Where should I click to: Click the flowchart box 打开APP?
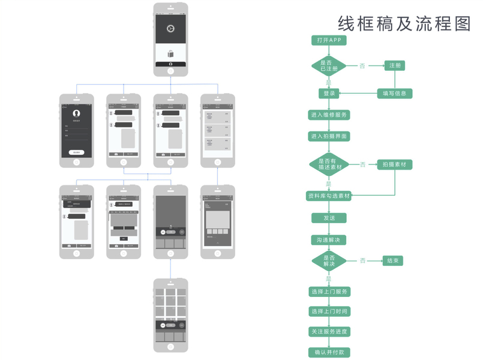[329, 40]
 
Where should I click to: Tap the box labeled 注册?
[395, 65]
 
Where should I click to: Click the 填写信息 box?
[395, 94]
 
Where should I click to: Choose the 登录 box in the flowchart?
[329, 94]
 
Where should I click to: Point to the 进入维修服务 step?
[329, 115]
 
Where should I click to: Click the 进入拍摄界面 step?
[329, 136]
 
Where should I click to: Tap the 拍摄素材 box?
[395, 164]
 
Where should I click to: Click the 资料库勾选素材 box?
[329, 196]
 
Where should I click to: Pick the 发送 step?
[329, 218]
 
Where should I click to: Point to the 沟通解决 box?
[329, 239]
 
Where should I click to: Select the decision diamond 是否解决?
[329, 260]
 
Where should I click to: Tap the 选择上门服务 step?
[329, 292]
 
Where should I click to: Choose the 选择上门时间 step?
[329, 311]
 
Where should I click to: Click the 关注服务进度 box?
[329, 332]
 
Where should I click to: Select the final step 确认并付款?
[329, 352]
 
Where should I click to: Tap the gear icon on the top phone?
[170, 28]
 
